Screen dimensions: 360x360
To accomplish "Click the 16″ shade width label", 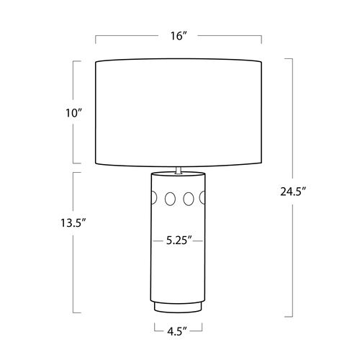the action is [179, 36].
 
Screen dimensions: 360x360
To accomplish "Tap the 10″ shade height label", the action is [74, 113].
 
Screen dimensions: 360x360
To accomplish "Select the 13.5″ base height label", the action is [73, 223].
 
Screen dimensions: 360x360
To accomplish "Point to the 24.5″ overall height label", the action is [293, 192].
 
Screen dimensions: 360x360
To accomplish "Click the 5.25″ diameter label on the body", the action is [179, 240].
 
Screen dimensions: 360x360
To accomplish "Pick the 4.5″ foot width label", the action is [177, 331].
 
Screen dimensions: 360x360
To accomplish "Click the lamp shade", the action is [179, 112].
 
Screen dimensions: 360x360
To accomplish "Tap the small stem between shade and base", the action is [179, 170].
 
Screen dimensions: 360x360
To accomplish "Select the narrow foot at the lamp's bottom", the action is [178, 307].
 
